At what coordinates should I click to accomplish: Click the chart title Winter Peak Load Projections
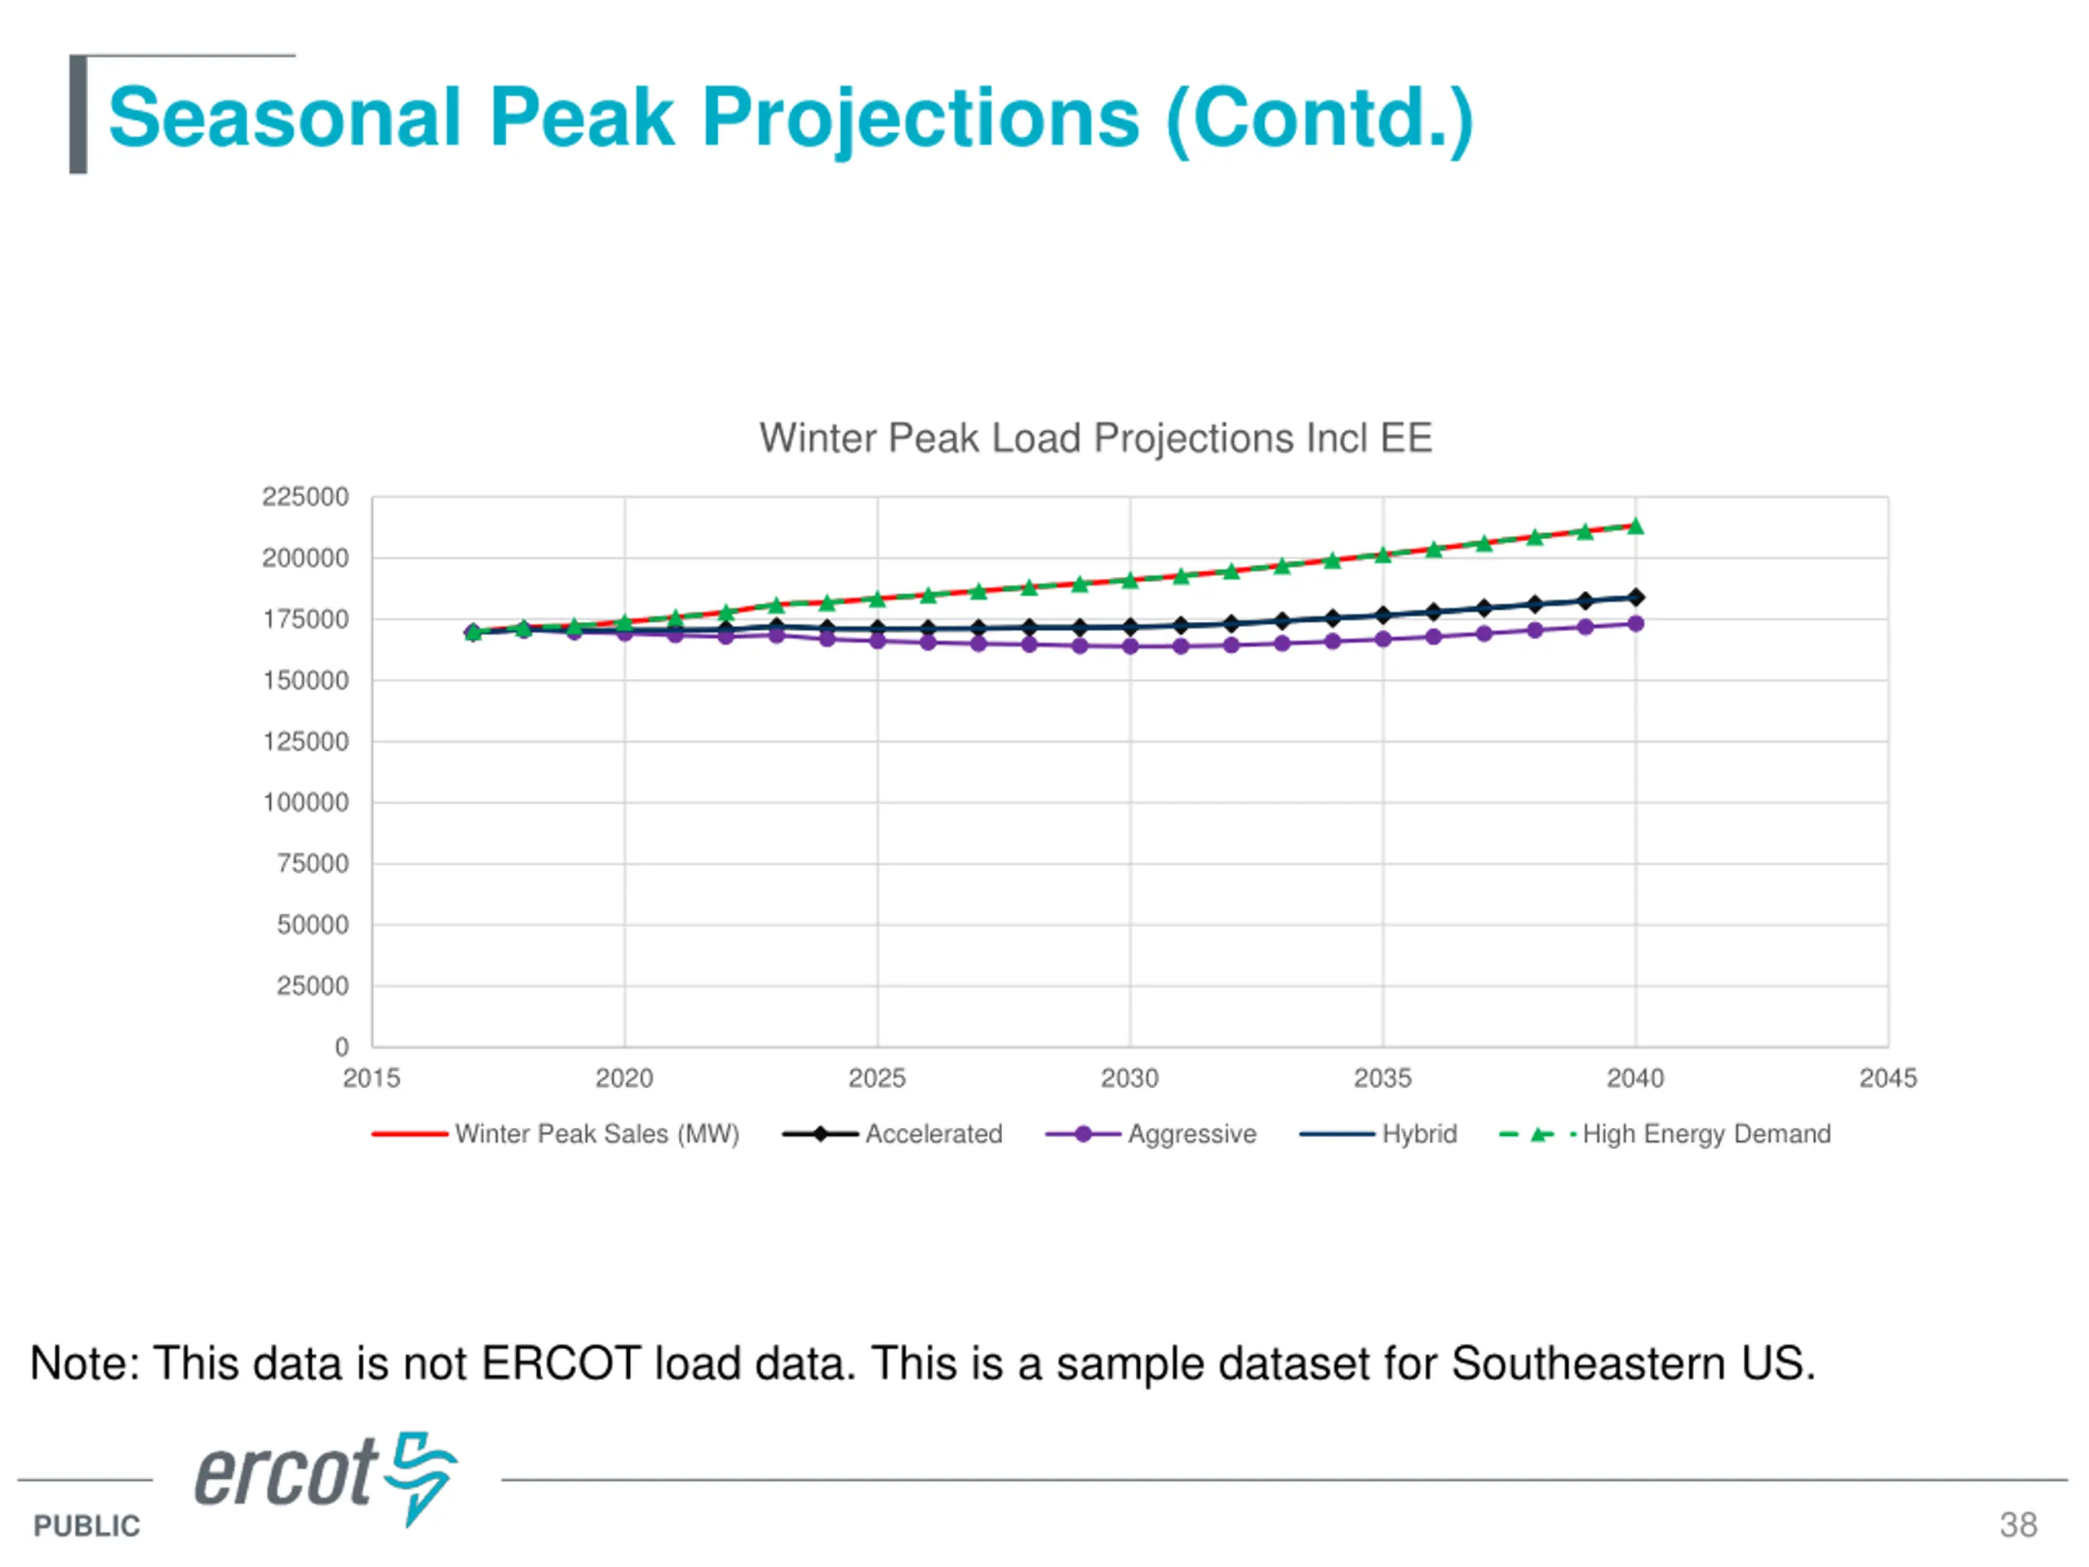click(1095, 438)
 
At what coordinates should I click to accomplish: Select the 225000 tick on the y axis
click(305, 497)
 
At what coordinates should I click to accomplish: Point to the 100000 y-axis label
click(305, 803)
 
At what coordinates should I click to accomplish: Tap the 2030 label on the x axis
click(1129, 1078)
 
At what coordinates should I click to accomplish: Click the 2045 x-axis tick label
click(1887, 1078)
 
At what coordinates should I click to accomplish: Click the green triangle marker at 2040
click(1635, 526)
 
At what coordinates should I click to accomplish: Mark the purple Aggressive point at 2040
click(1635, 624)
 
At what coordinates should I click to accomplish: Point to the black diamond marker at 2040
click(1635, 597)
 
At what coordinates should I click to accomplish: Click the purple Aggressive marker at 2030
click(1129, 646)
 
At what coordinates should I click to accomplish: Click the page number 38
click(2018, 1525)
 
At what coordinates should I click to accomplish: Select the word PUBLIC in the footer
click(86, 1525)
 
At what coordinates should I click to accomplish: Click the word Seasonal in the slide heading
click(284, 118)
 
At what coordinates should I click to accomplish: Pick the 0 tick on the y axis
click(342, 1046)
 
